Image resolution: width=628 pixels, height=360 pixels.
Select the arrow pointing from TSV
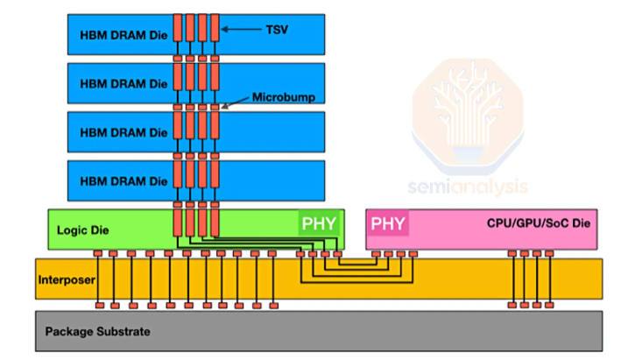point(241,29)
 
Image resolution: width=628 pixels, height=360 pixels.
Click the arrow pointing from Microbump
point(236,102)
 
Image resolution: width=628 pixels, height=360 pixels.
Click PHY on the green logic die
point(318,223)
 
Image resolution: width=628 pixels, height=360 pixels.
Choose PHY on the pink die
point(388,223)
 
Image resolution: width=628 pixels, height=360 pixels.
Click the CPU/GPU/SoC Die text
point(539,224)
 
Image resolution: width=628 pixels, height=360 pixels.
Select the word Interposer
point(66,280)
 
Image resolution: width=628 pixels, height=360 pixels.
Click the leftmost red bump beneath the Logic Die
point(99,254)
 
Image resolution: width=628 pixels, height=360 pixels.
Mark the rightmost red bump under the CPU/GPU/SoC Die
point(549,254)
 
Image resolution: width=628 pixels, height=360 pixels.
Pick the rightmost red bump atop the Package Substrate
point(549,306)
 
